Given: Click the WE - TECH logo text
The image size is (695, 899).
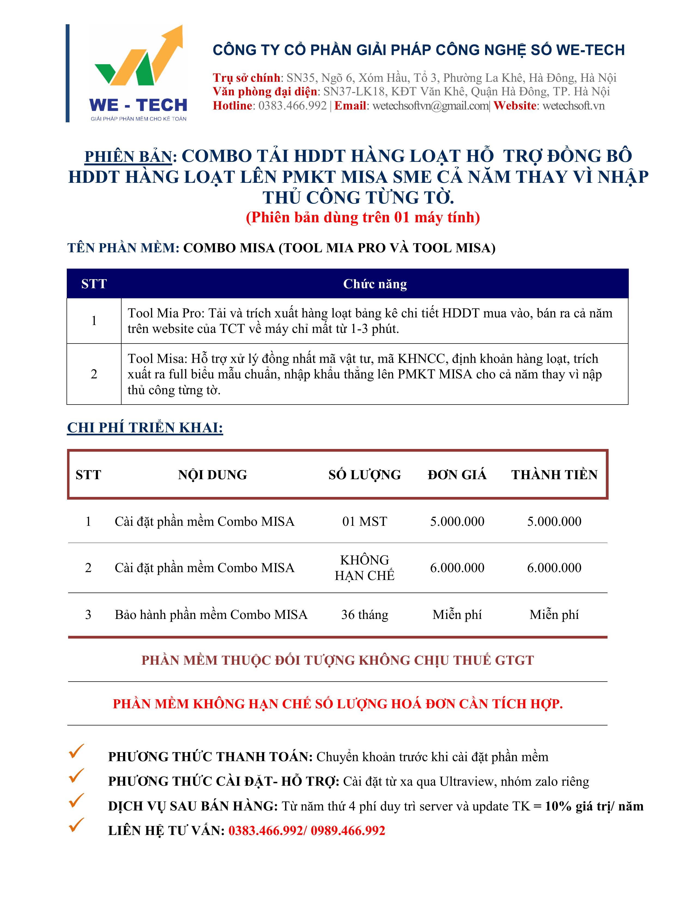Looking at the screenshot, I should (138, 105).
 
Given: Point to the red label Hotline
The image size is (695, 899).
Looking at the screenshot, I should (232, 106).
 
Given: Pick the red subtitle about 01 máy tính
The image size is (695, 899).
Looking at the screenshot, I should (363, 217).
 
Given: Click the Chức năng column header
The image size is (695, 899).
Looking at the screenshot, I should (375, 284).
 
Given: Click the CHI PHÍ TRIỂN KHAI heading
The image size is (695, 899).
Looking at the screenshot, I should (145, 428).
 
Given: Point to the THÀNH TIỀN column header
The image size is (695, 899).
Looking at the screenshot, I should (554, 475).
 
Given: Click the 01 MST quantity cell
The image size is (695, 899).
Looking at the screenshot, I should (364, 521).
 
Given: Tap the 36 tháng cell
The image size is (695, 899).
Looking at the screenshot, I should (364, 615).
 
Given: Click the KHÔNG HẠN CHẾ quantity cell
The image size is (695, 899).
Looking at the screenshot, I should (364, 568).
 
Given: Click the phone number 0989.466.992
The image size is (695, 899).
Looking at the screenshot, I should (348, 831).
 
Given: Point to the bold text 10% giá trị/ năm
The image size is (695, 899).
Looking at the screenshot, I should (594, 806).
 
